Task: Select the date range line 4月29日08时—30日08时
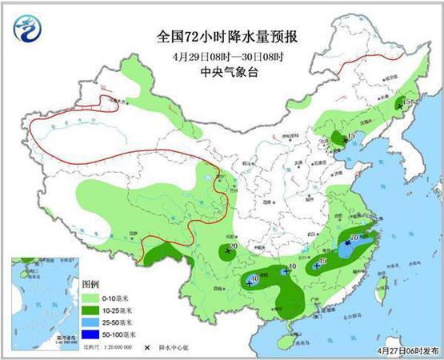tap(222, 58)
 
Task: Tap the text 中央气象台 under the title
tap(222, 74)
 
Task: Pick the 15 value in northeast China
tap(406, 102)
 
